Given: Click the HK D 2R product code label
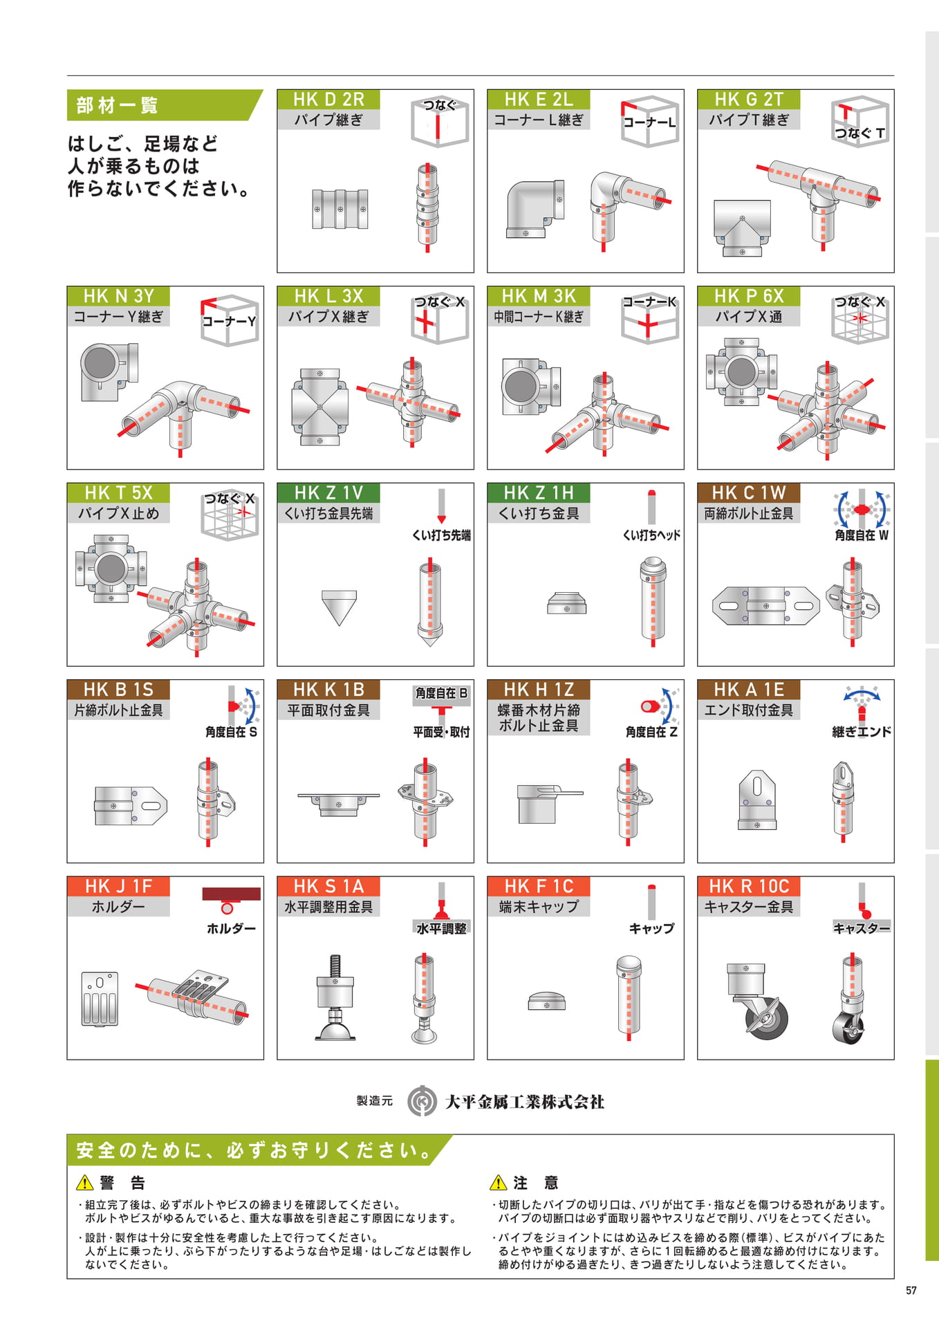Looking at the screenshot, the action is (328, 100).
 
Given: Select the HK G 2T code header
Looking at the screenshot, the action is (749, 100).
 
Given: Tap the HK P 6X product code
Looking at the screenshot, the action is (749, 296).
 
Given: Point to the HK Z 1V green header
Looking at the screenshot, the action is (328, 493).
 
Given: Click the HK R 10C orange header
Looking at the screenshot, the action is (749, 887).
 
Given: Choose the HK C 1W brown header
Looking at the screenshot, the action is (749, 493).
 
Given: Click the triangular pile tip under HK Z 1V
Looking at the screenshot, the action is (340, 608).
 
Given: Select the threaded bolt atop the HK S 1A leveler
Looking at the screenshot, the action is (335, 966).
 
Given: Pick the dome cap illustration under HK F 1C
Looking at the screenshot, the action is (546, 1001).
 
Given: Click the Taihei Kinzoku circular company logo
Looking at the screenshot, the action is (421, 1101).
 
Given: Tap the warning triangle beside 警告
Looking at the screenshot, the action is (84, 1183).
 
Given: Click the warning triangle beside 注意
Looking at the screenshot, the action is (498, 1183).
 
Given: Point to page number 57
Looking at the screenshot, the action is (911, 1291).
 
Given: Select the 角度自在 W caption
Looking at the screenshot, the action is (862, 535).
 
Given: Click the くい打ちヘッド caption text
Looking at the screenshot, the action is (651, 535).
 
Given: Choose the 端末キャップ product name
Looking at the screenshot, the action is (539, 907).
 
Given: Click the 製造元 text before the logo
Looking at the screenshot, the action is (375, 1101).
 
